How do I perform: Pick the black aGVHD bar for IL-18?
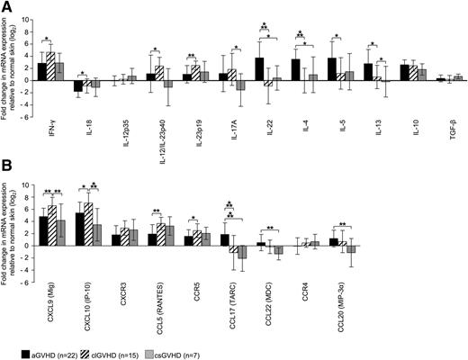pyautogui.click(x=79, y=86)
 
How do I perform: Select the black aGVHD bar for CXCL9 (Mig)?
pyautogui.click(x=43, y=230)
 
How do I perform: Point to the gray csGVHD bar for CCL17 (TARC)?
pyautogui.click(x=240, y=258)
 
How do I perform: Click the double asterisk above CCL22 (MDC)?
pyautogui.click(x=270, y=226)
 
